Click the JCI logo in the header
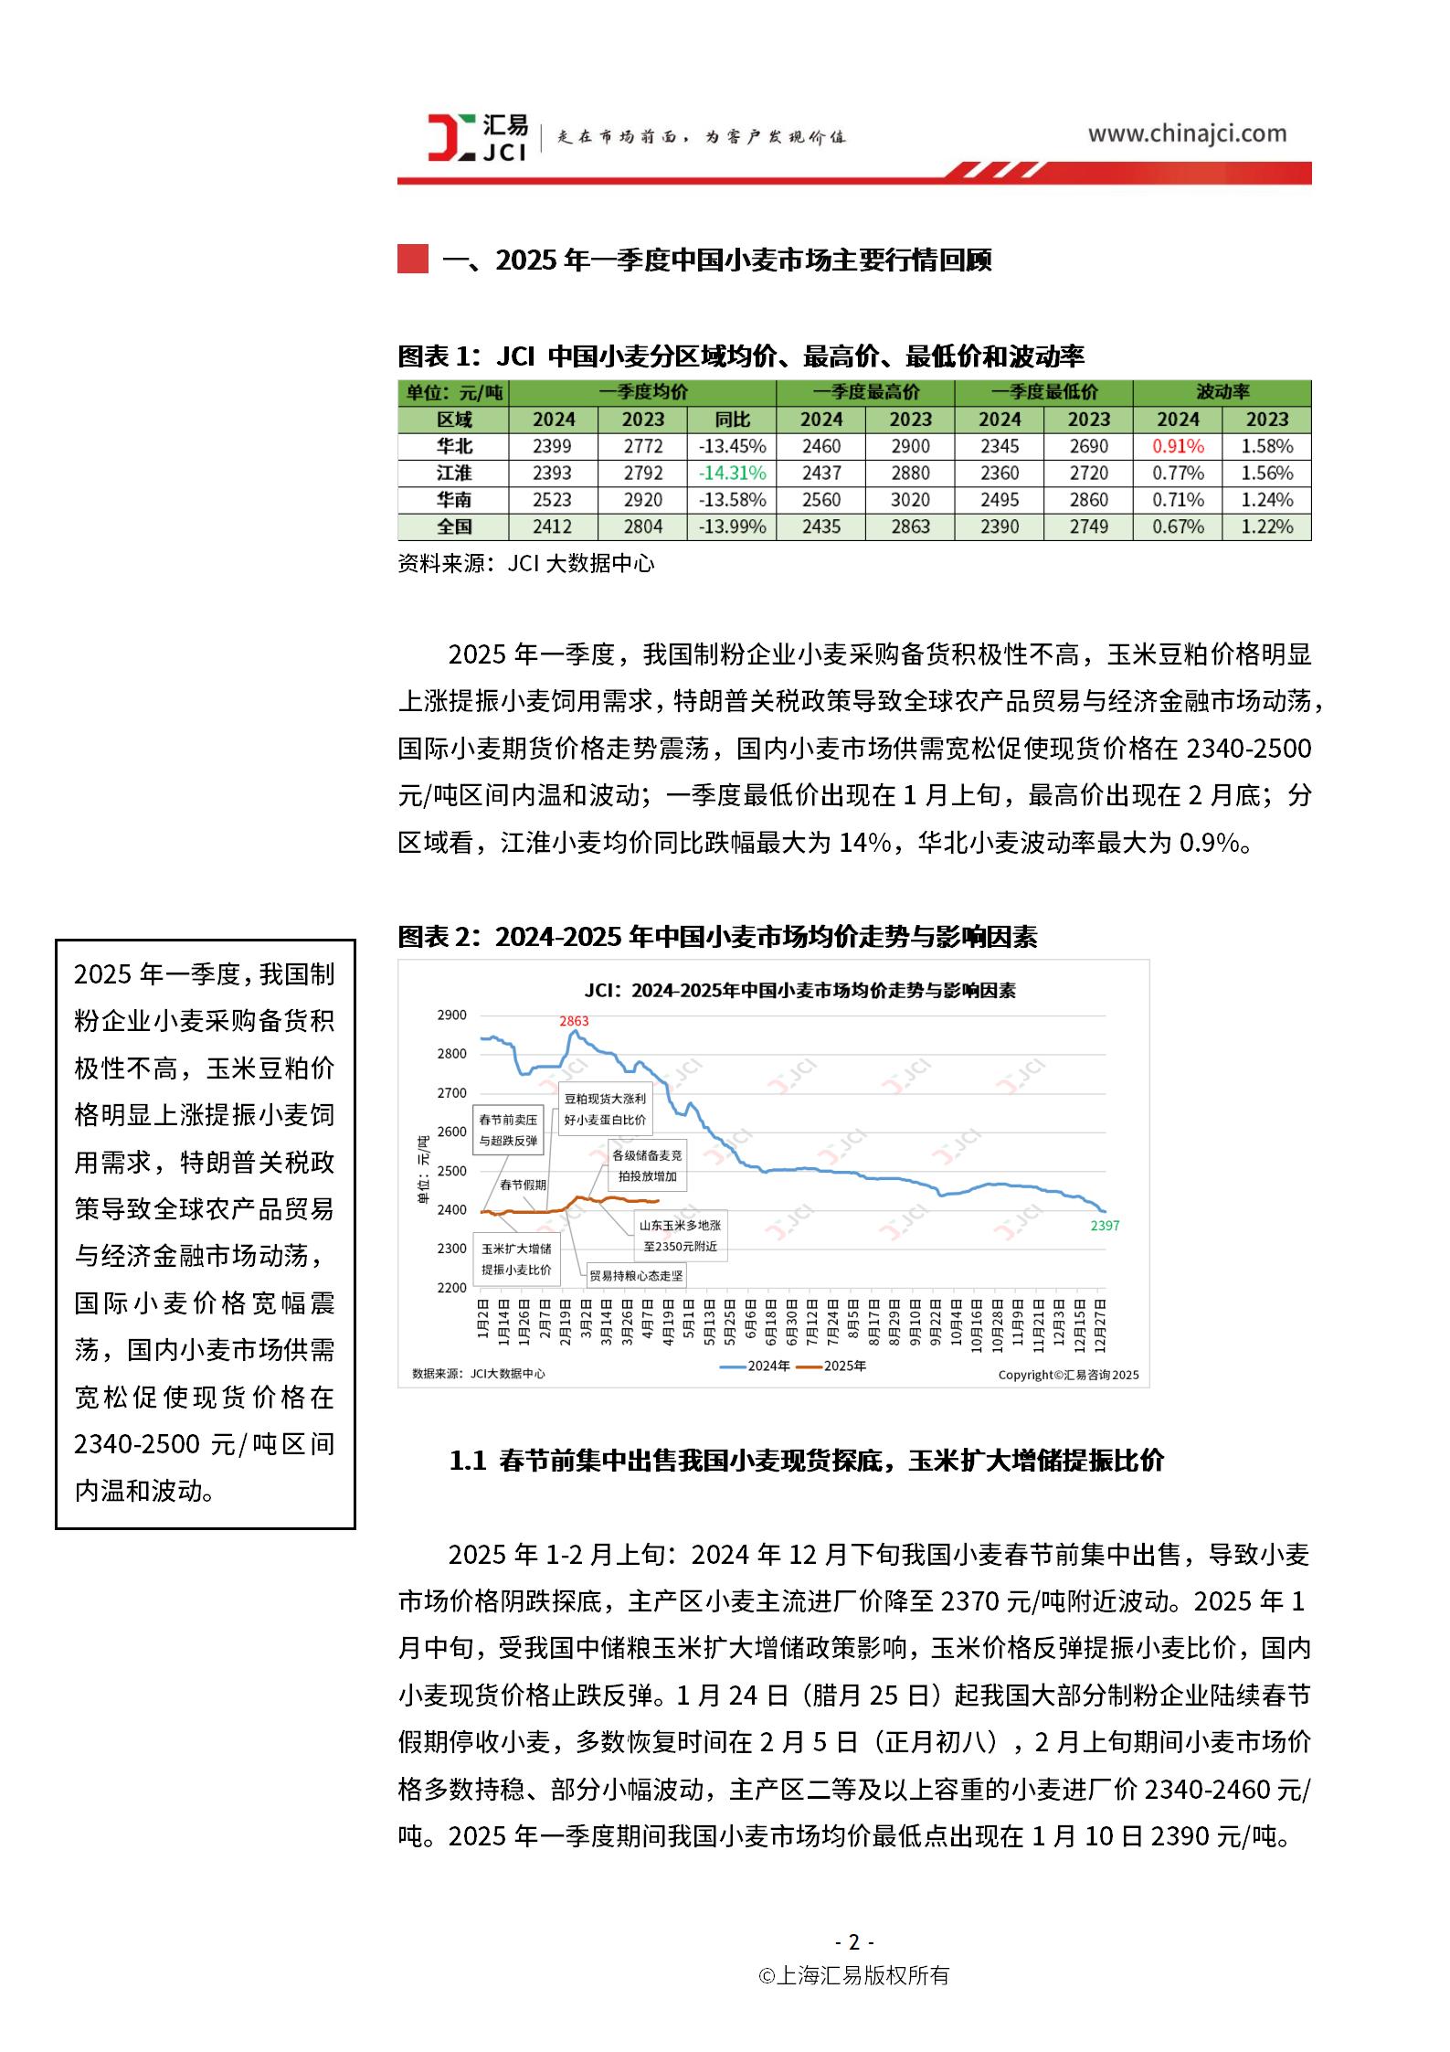(477, 137)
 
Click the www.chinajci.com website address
(1186, 134)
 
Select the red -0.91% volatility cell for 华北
(1177, 446)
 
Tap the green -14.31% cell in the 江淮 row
(732, 473)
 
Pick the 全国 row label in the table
(454, 526)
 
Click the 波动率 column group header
(1222, 392)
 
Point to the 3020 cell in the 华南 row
(910, 500)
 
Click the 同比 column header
(732, 420)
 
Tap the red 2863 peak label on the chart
(574, 1021)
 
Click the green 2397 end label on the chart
(1105, 1226)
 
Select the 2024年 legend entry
(756, 1366)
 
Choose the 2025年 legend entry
(832, 1366)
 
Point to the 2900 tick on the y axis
(451, 1015)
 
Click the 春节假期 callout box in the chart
(523, 1185)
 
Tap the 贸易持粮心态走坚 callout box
(636, 1275)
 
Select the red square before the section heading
(413, 260)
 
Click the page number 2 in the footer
(853, 1941)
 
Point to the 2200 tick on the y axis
(451, 1288)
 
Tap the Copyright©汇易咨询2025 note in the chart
(1067, 1375)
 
